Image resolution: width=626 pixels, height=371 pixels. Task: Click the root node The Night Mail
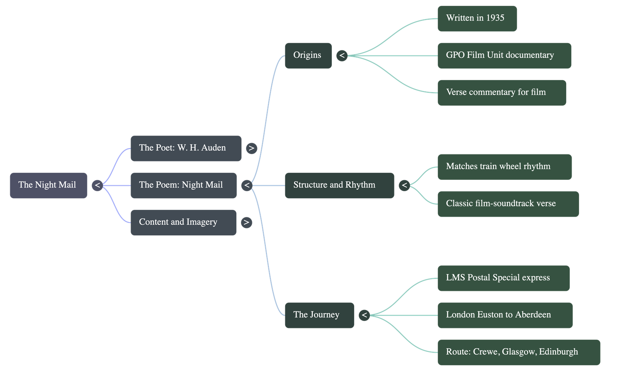point(48,185)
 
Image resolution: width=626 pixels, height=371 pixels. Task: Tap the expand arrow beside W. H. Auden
point(252,149)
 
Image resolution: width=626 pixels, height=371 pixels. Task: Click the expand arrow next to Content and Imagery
point(246,222)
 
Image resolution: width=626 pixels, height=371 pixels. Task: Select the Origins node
point(308,56)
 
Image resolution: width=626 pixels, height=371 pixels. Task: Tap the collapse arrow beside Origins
point(342,56)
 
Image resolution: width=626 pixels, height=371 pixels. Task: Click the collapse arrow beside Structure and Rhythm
point(405,185)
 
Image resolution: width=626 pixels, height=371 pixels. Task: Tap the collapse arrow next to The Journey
point(364,315)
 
